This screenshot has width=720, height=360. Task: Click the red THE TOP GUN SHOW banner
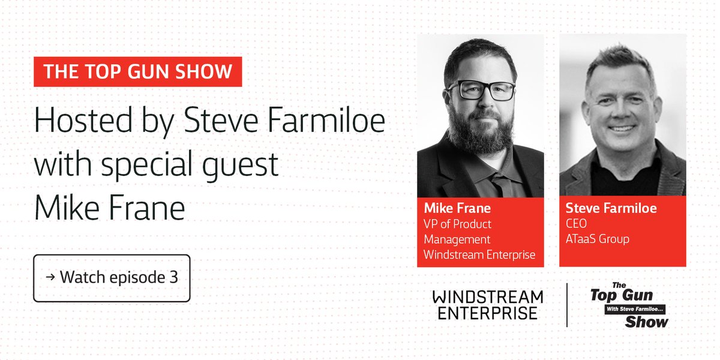[x=138, y=72]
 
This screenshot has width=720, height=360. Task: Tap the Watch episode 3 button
[x=112, y=278]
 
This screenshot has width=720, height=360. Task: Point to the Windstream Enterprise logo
[x=487, y=305]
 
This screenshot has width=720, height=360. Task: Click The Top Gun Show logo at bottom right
[x=629, y=305]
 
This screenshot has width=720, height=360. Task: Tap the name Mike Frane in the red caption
[x=458, y=208]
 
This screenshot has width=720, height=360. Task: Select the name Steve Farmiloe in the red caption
[x=611, y=208]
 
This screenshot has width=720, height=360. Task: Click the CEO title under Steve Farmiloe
[x=577, y=224]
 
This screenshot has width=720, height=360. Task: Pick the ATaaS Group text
[x=598, y=239]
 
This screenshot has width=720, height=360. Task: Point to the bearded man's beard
[x=481, y=129]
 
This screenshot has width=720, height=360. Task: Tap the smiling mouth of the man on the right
[x=622, y=128]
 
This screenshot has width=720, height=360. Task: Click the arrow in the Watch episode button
[x=50, y=278]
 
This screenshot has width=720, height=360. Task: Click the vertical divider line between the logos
[x=567, y=305]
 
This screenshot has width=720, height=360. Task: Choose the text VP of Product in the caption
[x=458, y=224]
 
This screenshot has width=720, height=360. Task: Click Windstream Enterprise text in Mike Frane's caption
[x=479, y=254]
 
